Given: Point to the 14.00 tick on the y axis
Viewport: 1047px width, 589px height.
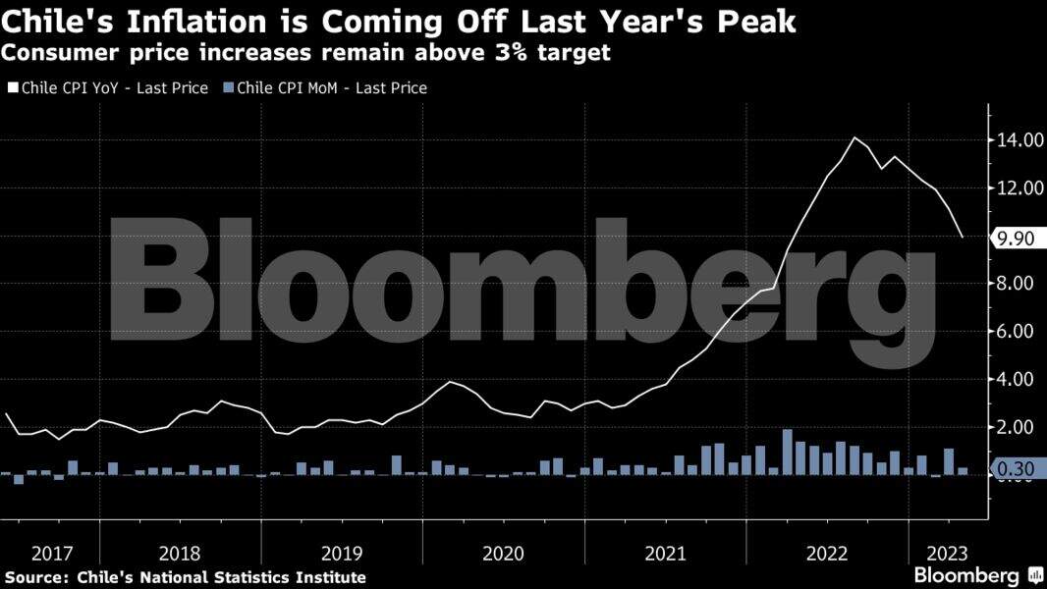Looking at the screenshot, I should point(1019,140).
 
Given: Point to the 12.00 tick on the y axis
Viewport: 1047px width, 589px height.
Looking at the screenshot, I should point(1019,188).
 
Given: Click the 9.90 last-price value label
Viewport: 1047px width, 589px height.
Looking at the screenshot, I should point(1016,238).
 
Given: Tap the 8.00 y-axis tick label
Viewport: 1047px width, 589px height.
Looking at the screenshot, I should point(1019,284).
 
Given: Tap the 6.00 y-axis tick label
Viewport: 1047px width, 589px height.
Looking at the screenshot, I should point(1019,332).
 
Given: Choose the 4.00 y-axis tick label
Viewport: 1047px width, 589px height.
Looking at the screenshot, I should point(1019,379).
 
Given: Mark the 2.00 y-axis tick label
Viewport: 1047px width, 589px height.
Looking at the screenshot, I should point(1019,427).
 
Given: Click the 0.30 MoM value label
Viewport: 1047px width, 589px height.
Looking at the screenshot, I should point(1016,470).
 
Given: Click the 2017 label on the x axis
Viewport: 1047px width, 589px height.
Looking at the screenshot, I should point(51,553).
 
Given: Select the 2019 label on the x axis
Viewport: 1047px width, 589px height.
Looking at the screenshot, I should point(342,553).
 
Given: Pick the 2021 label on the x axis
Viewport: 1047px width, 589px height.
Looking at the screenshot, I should point(665,553).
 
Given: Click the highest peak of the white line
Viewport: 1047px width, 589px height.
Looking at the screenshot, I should point(854,137).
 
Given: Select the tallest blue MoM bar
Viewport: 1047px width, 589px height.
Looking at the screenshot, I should point(787,453).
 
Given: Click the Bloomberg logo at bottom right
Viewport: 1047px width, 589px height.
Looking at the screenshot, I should point(966,575).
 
